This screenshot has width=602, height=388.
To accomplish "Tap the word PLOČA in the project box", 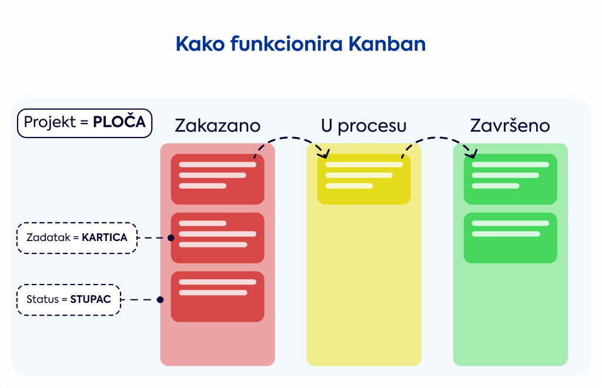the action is pos(119,122).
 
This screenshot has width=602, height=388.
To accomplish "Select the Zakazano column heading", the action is pos(218,126).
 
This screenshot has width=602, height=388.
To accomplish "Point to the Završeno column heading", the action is pos(510,125).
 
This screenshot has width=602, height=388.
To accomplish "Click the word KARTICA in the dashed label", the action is pos(105,238).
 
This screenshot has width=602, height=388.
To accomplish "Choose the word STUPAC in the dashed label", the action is pos(90,299).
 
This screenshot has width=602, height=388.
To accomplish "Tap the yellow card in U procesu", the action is pos(364,179).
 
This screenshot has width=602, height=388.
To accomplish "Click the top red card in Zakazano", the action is pos(218,179).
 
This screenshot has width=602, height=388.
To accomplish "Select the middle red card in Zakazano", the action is pos(218,238).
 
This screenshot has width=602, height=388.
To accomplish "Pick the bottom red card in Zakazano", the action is pos(218,297).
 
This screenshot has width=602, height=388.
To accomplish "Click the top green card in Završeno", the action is pos(510,179).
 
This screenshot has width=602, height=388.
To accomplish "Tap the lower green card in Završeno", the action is pos(510,238).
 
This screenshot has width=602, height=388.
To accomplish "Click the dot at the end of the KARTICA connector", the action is pos(171,238).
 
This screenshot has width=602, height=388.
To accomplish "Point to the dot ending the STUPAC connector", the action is pos(160,300).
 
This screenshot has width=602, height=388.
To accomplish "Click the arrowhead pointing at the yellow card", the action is pos(325,154).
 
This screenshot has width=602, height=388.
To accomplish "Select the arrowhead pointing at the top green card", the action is pos(472,154).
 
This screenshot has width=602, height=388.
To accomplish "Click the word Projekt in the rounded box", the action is pos(50,122).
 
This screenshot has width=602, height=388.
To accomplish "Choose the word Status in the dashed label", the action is pos(42,299).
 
